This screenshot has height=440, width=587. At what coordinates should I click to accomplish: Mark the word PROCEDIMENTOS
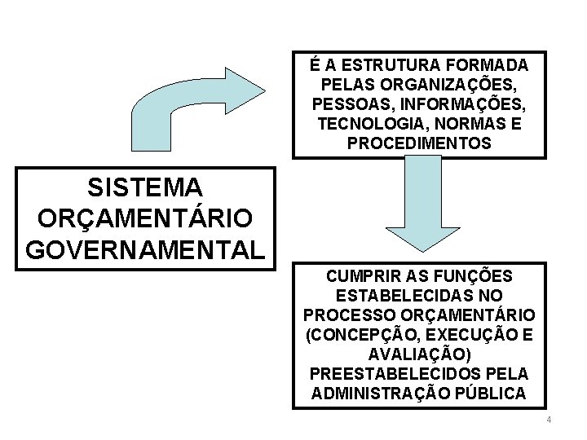[419, 143]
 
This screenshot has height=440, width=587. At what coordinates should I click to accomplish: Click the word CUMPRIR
[363, 275]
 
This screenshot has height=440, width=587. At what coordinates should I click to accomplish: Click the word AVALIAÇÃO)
[419, 354]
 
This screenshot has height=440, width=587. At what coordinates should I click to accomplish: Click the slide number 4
[549, 420]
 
